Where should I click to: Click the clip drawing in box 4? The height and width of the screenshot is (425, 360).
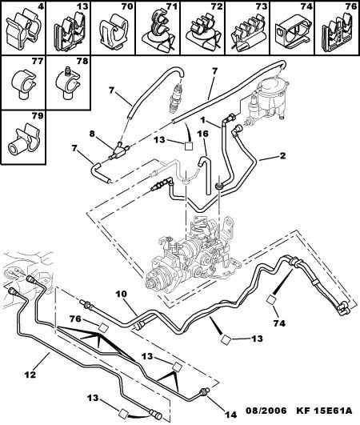click(23, 29)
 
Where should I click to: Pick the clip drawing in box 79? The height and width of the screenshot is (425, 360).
click(24, 140)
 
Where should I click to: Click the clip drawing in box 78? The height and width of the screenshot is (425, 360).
click(68, 83)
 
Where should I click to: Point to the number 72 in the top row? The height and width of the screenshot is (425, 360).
click(216, 6)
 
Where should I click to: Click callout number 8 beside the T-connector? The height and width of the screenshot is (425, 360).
click(92, 134)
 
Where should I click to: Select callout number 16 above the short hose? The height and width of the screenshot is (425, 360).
click(204, 134)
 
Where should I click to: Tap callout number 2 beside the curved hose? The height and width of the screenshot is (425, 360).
click(282, 155)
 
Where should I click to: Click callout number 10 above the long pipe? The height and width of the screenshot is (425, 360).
click(122, 294)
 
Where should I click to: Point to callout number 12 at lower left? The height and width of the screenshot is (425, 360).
click(30, 375)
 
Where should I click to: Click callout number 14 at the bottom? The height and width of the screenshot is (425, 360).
click(230, 415)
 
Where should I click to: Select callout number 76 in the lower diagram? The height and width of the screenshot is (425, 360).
click(75, 319)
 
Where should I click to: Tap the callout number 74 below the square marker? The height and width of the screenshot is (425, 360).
click(279, 323)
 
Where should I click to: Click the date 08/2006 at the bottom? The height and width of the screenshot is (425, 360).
click(266, 411)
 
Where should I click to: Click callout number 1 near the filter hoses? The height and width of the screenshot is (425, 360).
click(202, 120)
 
